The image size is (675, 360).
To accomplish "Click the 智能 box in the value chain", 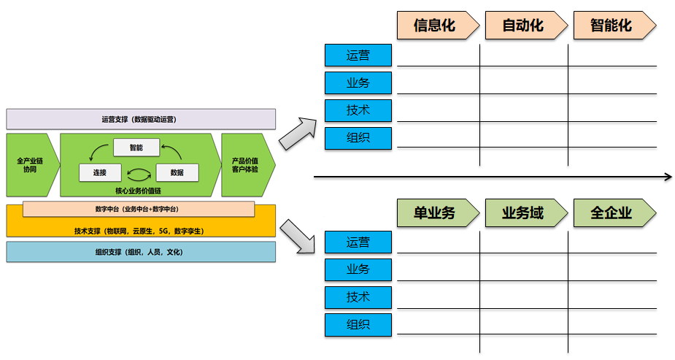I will (x=136, y=148).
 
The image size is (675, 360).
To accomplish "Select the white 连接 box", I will (x=100, y=173).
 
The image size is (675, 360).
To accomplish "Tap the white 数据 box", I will (x=177, y=173).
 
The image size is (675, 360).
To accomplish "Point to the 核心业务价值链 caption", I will (x=139, y=190).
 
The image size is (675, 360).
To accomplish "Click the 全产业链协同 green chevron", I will (x=30, y=164).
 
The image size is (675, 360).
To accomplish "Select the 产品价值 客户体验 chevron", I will (x=246, y=164).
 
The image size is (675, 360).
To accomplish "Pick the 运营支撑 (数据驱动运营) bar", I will (x=141, y=119).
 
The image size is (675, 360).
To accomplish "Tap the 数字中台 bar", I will (x=138, y=209).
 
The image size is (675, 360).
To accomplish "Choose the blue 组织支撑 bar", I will (x=141, y=252).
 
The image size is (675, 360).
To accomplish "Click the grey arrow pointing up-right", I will (x=295, y=130).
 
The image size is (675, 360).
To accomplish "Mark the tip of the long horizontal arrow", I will (x=669, y=176).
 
